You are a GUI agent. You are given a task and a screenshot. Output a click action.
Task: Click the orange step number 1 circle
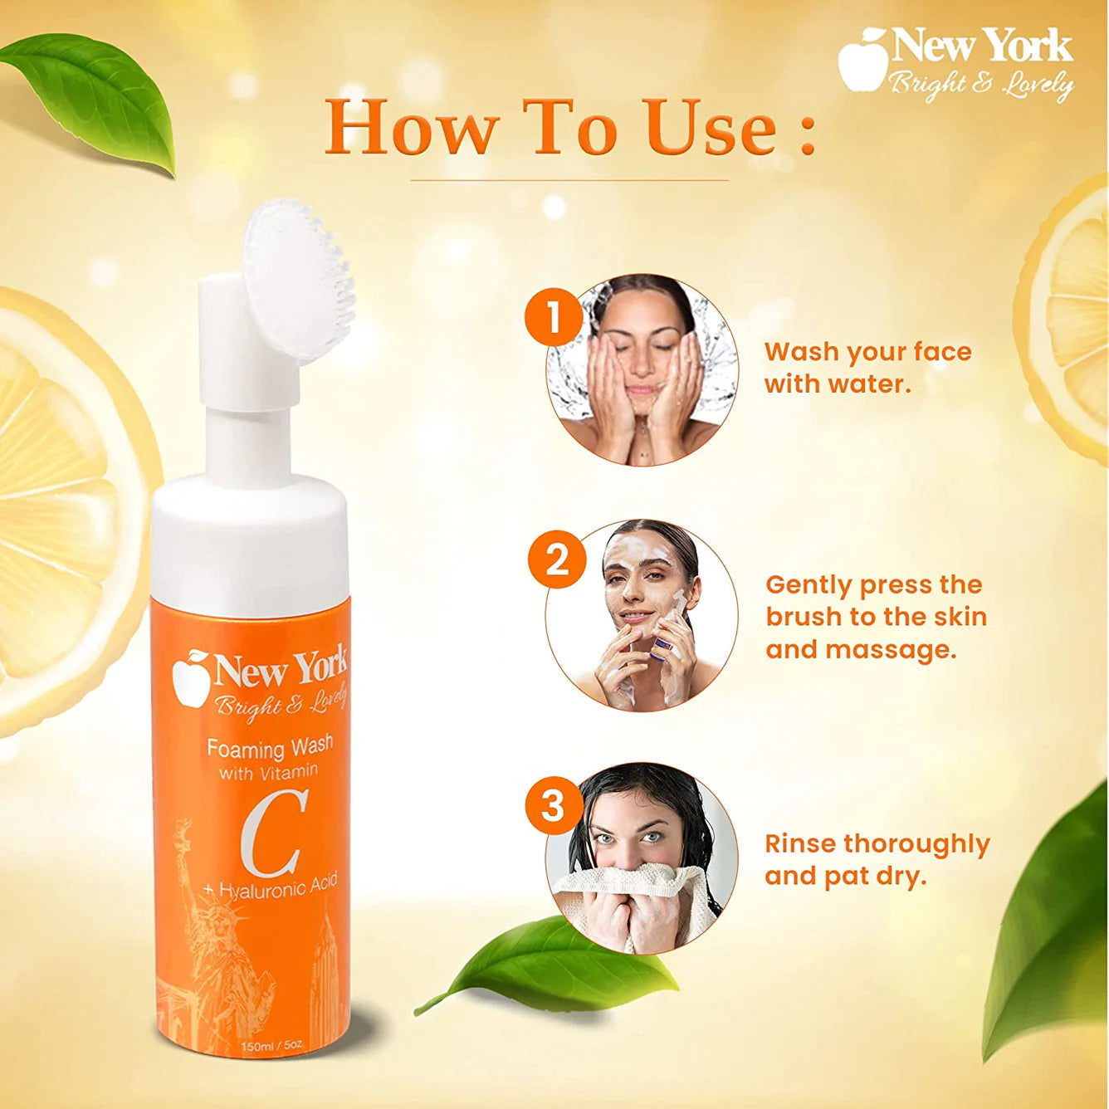pos(554,318)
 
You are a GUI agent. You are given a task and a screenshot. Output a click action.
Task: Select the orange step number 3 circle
pos(554,806)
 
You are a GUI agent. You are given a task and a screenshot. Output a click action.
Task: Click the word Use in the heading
pos(711,129)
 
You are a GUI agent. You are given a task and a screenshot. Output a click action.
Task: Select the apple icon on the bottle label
pos(190,677)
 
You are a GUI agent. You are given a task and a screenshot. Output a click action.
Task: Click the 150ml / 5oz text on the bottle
pos(271,1046)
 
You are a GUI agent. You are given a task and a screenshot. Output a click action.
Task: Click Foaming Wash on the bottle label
pos(270,747)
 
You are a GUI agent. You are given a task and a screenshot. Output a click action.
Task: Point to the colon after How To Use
pos(808,133)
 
